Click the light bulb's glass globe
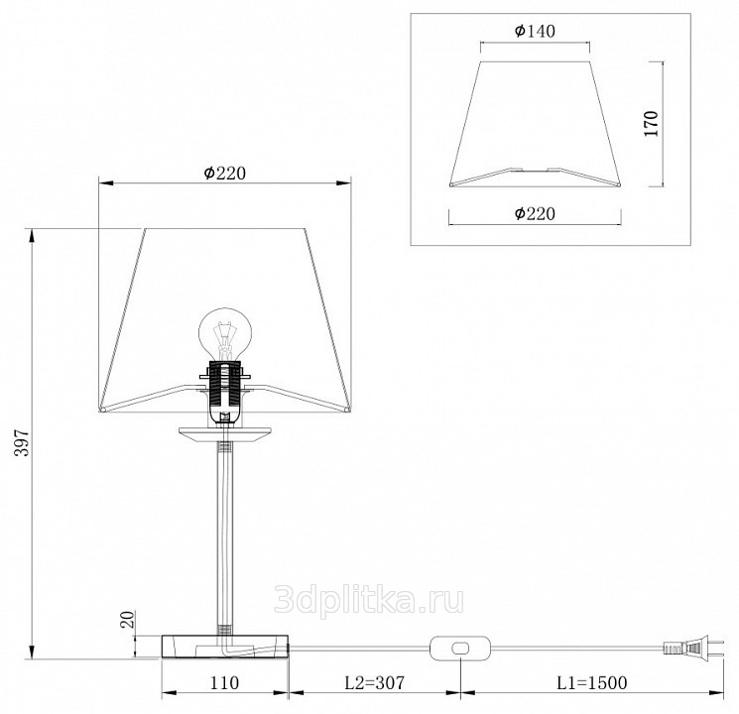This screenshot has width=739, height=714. (225, 332)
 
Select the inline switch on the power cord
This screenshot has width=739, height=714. (460, 648)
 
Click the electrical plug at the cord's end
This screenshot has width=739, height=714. (692, 648)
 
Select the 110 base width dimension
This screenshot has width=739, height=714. (224, 682)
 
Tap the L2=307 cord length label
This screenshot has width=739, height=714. (374, 682)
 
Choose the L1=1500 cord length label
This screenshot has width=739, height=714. (592, 682)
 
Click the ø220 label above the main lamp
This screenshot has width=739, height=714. (225, 174)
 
